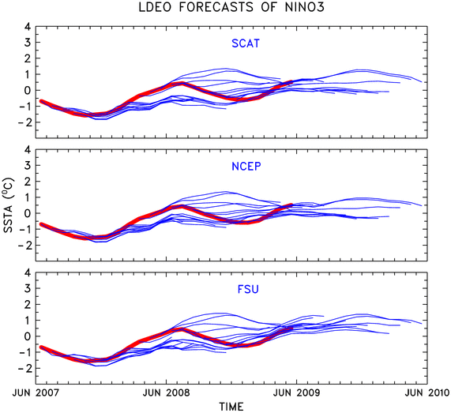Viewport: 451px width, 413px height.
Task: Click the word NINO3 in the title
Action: [x=304, y=7]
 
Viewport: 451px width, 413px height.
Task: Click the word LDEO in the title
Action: [x=155, y=7]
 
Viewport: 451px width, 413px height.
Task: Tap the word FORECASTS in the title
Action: [x=216, y=7]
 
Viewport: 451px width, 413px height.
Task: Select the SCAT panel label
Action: [x=246, y=43]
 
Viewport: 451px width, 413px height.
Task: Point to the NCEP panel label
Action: [x=246, y=167]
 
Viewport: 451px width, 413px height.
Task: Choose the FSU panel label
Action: [x=248, y=289]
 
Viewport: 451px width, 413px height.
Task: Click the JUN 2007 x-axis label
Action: [x=36, y=392]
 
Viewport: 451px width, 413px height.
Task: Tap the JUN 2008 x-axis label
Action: [x=167, y=392]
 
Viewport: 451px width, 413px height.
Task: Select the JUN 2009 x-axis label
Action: [x=296, y=392]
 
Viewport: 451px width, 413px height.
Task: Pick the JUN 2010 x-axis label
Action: [x=427, y=392]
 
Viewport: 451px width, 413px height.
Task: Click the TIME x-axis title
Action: [x=231, y=407]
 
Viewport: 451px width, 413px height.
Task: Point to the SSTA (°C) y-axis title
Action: [x=8, y=205]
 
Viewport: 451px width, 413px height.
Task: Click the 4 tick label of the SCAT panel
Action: [x=28, y=27]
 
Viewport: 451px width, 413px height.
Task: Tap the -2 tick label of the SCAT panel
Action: [x=24, y=122]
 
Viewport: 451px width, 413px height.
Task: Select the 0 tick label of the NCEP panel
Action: [x=28, y=213]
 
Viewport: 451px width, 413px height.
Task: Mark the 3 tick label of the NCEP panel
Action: [x=28, y=166]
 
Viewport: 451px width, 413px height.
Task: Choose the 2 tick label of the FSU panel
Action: [x=28, y=305]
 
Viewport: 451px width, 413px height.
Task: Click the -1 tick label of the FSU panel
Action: [x=24, y=352]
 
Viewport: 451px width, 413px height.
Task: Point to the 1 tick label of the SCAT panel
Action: [x=28, y=74]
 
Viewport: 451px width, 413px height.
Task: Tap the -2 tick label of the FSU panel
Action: [x=24, y=368]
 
